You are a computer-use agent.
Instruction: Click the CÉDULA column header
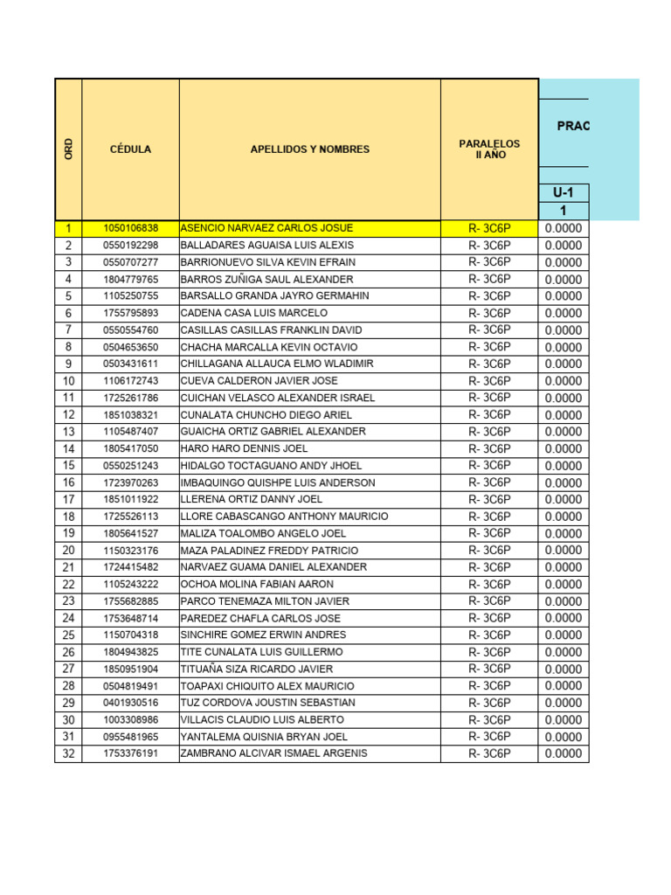(x=130, y=149)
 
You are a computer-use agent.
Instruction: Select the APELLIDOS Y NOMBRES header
(x=309, y=149)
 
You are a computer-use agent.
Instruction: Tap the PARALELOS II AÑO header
(x=489, y=149)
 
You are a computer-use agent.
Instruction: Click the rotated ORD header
(x=69, y=149)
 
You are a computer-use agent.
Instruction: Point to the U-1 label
(x=564, y=193)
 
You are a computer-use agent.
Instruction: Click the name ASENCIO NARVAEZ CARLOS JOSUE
(x=254, y=228)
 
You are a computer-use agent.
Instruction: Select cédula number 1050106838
(x=130, y=228)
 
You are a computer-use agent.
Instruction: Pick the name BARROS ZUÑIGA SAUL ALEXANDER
(x=266, y=280)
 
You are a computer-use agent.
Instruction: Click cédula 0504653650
(x=130, y=347)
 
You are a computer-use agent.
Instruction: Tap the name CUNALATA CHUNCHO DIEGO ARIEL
(x=266, y=415)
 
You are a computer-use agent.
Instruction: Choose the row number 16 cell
(x=69, y=482)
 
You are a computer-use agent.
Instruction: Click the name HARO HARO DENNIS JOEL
(x=238, y=448)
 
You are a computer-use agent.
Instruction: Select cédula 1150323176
(x=130, y=551)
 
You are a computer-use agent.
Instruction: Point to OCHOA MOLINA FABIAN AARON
(x=257, y=584)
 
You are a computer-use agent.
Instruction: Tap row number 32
(x=69, y=753)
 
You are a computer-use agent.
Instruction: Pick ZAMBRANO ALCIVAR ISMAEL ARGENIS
(x=273, y=753)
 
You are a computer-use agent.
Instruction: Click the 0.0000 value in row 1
(x=564, y=228)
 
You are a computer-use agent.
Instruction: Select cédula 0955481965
(x=130, y=737)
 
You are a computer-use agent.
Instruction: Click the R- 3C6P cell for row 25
(x=489, y=635)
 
